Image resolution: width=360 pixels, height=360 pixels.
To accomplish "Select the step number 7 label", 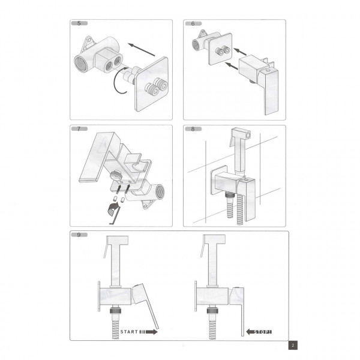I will pos(80,129).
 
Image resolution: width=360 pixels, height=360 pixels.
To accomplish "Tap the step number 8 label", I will pos(193,129).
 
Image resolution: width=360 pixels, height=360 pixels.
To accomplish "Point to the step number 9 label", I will pos(80,235).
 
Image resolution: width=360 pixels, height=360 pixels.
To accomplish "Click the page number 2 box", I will pos(292,345).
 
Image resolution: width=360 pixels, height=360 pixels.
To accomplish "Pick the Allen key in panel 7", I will pos(113,211).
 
